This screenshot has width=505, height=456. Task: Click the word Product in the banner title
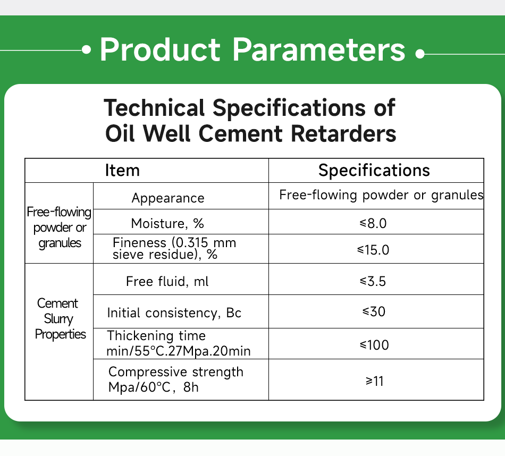click(x=159, y=50)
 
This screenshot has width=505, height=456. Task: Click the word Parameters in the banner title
click(x=318, y=50)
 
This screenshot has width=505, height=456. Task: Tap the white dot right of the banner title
click(x=419, y=54)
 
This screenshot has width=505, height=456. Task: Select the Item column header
click(x=122, y=171)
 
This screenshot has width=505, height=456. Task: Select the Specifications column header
click(x=374, y=171)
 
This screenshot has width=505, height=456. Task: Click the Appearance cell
click(x=168, y=198)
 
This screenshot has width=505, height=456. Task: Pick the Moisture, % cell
click(x=167, y=223)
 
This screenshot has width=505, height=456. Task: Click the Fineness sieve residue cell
click(x=174, y=248)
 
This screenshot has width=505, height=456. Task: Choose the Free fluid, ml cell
click(x=167, y=281)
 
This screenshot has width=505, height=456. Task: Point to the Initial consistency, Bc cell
click(x=174, y=313)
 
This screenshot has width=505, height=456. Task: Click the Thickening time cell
click(x=179, y=343)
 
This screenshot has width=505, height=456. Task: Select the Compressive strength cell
click(x=175, y=379)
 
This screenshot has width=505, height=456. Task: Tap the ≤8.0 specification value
click(x=373, y=223)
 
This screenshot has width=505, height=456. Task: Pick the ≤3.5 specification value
click(x=373, y=281)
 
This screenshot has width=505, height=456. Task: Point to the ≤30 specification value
click(x=373, y=311)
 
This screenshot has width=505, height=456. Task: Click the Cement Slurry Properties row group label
click(x=60, y=319)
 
